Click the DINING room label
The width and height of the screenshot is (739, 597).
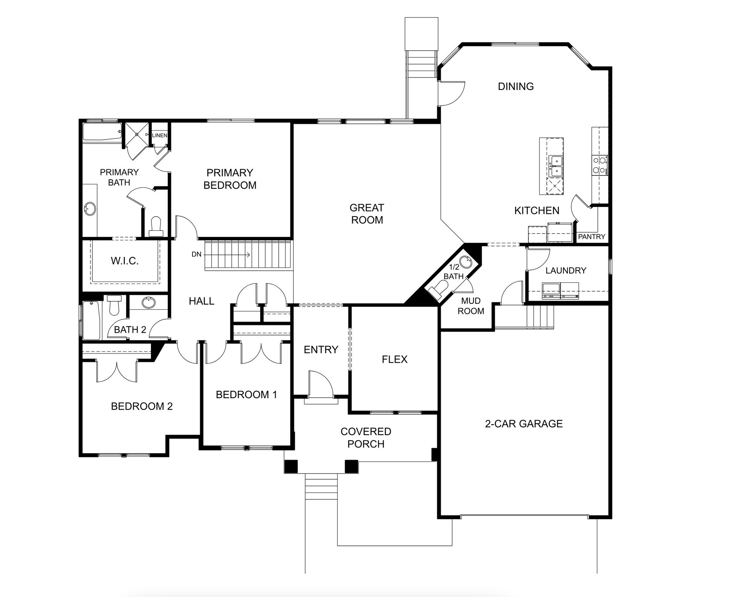tap(516, 86)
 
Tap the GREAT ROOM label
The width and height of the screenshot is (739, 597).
tap(366, 214)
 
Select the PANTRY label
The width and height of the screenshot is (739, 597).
tap(592, 237)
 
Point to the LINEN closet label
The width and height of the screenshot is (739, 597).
tap(160, 135)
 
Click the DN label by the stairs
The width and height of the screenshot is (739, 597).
tap(196, 255)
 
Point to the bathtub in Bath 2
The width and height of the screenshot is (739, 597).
tap(91, 320)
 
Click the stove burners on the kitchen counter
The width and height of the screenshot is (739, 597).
tap(599, 165)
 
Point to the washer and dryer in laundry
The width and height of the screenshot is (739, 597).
tap(560, 291)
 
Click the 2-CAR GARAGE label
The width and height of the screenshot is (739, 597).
tap(524, 424)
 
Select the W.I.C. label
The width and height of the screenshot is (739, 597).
tap(125, 261)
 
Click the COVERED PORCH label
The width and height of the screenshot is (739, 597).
tap(366, 438)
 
